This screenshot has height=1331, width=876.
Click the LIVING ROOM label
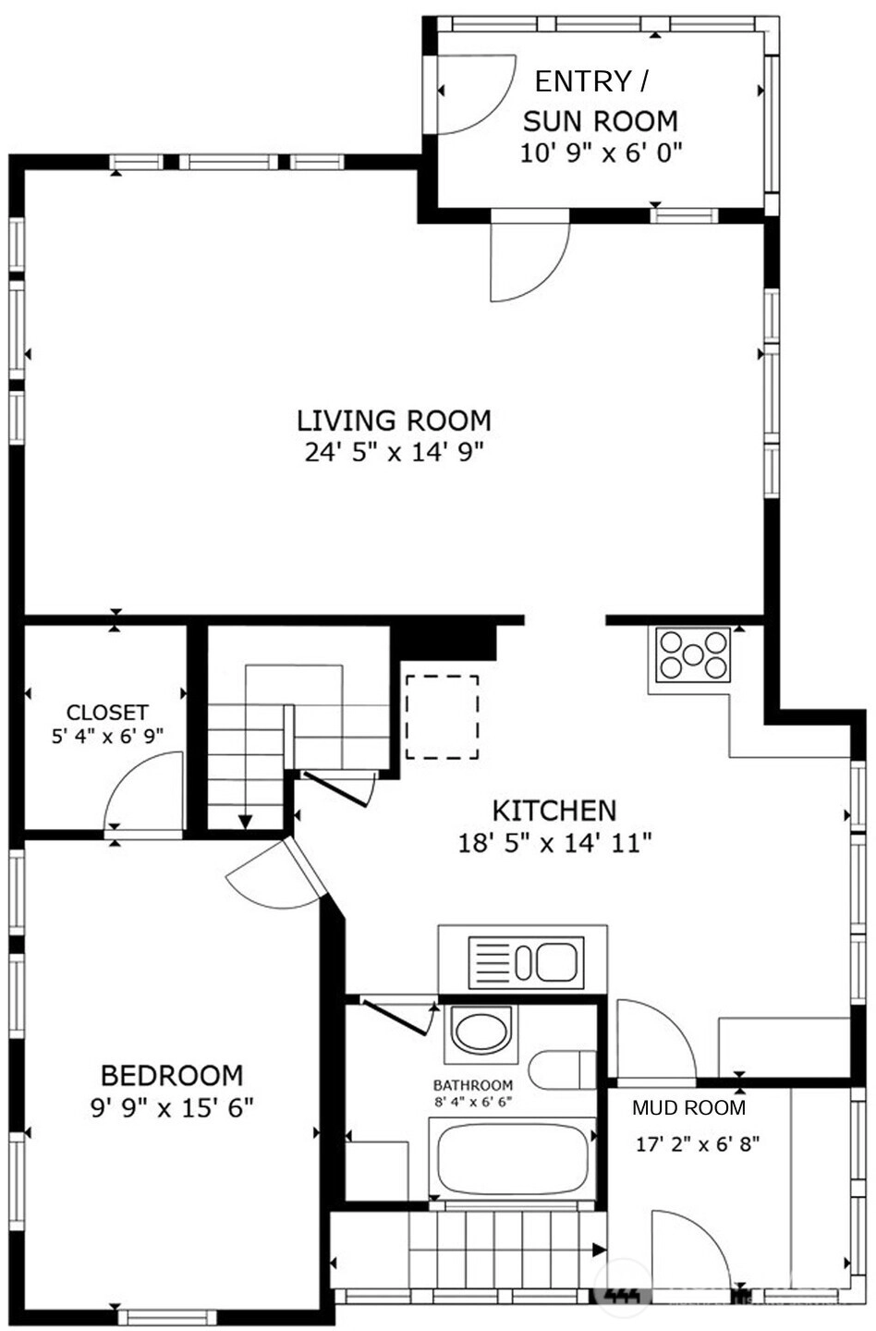[394, 421]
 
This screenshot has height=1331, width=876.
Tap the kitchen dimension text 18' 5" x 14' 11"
[554, 843]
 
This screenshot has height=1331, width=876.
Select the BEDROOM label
[172, 1076]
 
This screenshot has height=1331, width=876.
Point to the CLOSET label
[107, 712]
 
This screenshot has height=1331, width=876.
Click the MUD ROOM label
[689, 1107]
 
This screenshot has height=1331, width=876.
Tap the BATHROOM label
[473, 1085]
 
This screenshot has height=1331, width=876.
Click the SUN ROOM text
[601, 121]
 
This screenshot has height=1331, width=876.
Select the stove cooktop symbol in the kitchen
[693, 654]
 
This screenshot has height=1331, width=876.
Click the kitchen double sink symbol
[526, 963]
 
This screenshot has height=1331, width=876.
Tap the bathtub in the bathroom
[512, 1158]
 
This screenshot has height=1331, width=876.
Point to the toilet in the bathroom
[562, 1069]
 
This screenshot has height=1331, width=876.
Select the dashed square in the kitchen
[443, 717]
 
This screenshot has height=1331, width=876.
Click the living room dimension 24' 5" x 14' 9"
[395, 452]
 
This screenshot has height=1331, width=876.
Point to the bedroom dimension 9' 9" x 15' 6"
[172, 1107]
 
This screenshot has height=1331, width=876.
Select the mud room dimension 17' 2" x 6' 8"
[698, 1144]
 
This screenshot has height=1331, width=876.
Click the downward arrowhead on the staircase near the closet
[245, 822]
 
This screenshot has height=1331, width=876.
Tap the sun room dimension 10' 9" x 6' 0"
[601, 153]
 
